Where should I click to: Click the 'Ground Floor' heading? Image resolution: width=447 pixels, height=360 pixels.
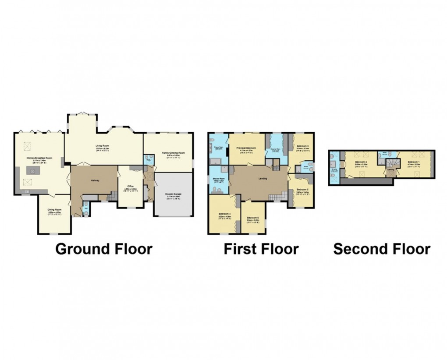click(104, 249)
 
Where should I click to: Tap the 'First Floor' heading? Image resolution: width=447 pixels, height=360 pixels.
click(261, 249)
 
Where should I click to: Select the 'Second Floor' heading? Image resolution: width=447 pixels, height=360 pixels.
click(381, 249)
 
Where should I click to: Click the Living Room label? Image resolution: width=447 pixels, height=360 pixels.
click(103, 146)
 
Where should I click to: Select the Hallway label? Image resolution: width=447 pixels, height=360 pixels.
click(95, 180)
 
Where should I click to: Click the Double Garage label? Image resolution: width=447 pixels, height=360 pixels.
click(174, 195)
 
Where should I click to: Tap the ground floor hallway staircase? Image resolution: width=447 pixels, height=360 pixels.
click(113, 196)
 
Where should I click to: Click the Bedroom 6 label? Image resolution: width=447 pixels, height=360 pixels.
click(253, 218)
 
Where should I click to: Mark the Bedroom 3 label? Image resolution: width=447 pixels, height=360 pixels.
click(302, 146)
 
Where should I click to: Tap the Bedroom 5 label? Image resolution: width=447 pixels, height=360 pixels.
click(302, 190)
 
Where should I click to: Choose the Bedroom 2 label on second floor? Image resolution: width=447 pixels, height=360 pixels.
click(360, 162)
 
